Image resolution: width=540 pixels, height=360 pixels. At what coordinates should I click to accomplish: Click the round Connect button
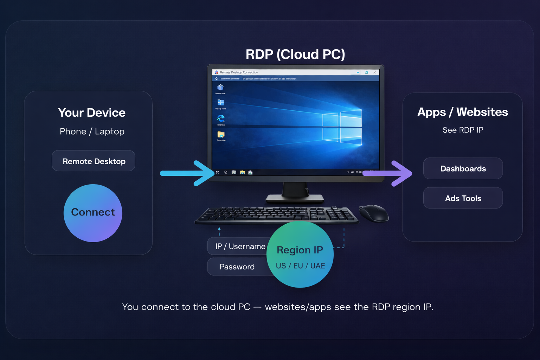(93, 213)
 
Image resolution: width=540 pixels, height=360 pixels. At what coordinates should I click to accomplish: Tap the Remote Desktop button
(94, 161)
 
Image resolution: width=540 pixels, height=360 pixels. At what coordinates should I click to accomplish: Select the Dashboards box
(463, 168)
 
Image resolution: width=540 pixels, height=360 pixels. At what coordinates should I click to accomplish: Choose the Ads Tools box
(463, 198)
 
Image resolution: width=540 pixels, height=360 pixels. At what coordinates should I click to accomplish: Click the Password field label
(237, 267)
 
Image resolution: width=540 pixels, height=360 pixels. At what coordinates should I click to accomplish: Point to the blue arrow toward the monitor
(186, 173)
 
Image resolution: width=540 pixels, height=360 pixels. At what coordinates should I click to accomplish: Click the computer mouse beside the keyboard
(374, 213)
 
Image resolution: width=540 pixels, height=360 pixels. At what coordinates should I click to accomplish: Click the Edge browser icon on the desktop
(221, 118)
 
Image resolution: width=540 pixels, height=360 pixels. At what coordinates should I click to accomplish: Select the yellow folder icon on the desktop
(221, 134)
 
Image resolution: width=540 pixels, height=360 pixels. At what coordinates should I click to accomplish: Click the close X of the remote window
(375, 72)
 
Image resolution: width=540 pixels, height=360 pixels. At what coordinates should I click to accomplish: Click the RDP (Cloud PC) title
(295, 54)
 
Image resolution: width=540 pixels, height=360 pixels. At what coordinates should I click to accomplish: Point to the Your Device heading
(92, 112)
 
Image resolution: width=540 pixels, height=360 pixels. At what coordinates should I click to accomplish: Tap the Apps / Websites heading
(463, 112)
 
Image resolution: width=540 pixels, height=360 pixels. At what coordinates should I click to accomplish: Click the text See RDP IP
(463, 130)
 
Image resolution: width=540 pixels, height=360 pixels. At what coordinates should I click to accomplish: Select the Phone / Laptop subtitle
(92, 131)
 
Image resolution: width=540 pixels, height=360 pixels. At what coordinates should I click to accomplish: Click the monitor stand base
(295, 198)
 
